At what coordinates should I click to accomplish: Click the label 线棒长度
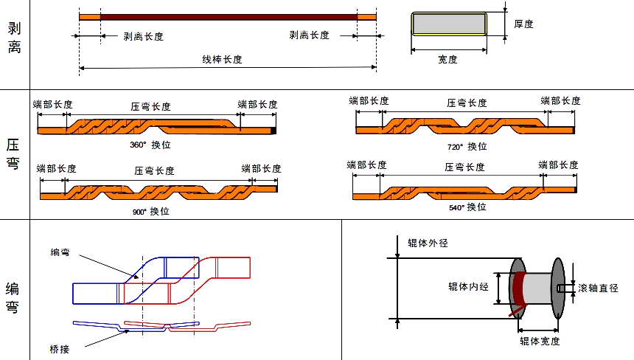coord(223,59)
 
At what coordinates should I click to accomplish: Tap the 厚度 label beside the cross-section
coord(523,24)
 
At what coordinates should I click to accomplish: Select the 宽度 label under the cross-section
coord(447,60)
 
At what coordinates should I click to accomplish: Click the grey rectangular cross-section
coord(447,24)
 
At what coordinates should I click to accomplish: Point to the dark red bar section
coord(229,15)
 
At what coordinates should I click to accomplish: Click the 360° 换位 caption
coord(150,145)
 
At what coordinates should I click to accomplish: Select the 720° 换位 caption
coord(467,146)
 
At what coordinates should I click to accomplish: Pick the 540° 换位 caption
coord(467,207)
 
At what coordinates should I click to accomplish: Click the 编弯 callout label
coord(60,252)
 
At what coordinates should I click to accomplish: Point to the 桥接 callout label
coord(60,348)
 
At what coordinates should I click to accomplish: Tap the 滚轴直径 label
coord(598,288)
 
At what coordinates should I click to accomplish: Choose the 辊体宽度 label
coord(539,341)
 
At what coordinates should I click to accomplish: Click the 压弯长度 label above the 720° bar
coord(467,103)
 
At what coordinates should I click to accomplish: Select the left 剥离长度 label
coord(144,35)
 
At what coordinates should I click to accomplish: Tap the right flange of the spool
coord(557,288)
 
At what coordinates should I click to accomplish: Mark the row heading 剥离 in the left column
coord(14,41)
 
